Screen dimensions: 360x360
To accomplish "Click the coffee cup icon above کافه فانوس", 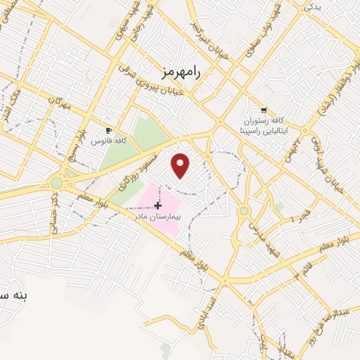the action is coord(108,131).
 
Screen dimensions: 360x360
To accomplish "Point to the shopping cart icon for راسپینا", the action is coord(264,110).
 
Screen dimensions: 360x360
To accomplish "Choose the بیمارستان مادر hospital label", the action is coord(161,217).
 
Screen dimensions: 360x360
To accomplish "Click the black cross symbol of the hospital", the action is coord(157,205).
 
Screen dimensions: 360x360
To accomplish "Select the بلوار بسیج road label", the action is coord(72,141).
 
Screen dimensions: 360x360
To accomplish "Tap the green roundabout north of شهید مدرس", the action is coord(244,210).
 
